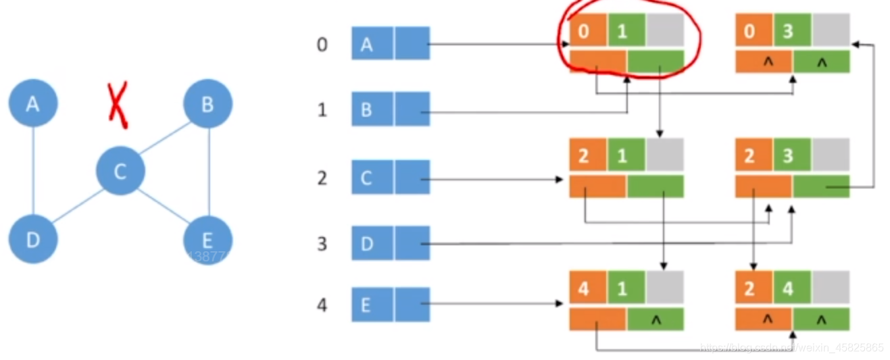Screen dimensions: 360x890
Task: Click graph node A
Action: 32,103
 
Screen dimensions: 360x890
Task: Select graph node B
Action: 207,104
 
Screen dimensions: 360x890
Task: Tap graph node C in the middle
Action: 120,172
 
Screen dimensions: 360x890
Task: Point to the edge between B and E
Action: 209,172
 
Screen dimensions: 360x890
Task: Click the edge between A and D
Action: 33,172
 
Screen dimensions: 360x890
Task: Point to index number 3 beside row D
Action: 322,243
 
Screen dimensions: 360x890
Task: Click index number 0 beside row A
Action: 322,45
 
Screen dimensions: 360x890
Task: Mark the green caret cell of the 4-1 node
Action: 656,319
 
